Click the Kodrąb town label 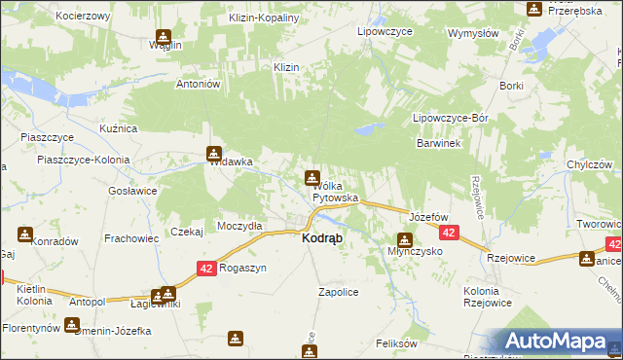coord(322,238)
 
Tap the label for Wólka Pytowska coord(335,192)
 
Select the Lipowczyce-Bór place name coord(450,118)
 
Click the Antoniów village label coord(200,84)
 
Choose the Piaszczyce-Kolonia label coord(76,159)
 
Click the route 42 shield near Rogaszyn coord(205,268)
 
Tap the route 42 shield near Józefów coord(449,234)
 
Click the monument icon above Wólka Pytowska coord(311,177)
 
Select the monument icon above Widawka coord(214,153)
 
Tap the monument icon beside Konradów coord(24,234)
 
